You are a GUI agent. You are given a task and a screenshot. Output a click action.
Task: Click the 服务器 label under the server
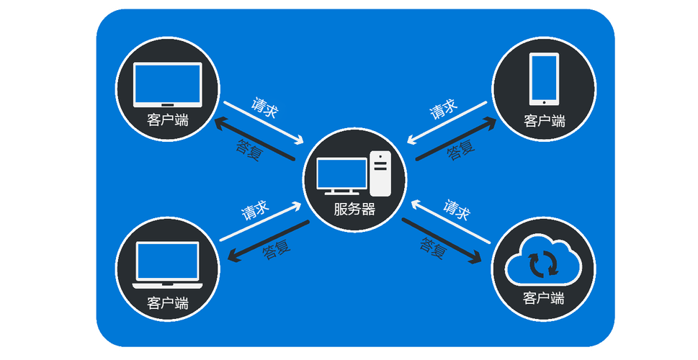pos(354,209)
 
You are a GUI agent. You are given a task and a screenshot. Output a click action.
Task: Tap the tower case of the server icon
pos(380,174)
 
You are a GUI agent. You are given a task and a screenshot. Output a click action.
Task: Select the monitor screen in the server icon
pos(342,174)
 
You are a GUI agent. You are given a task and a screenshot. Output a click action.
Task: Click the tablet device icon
pos(544,79)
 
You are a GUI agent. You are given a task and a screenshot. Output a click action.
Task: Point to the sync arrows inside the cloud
pos(543,264)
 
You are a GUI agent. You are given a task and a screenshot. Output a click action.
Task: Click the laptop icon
pos(167,265)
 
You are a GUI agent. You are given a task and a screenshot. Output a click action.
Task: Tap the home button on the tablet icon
pos(544,102)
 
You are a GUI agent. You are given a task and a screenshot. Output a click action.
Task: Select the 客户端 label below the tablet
pos(544,120)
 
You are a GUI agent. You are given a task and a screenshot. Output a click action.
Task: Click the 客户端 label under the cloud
pos(543,297)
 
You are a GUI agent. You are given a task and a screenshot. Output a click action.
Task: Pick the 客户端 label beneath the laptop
pos(168,304)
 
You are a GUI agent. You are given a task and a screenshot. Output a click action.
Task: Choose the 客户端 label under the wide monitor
pos(168,120)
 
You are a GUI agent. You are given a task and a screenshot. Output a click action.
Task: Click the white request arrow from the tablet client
pos(447,123)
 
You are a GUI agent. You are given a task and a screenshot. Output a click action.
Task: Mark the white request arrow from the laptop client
pos(261,222)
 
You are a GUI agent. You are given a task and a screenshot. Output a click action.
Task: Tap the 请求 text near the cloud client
pos(456,210)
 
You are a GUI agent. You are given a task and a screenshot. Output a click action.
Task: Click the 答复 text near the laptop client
pos(277,249)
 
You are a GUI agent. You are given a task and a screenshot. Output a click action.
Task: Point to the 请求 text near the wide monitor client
pos(265,107)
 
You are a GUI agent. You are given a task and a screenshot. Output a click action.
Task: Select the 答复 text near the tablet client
pos(461,150)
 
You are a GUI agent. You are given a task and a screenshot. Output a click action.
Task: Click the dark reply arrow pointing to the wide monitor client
pos(254,138)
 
